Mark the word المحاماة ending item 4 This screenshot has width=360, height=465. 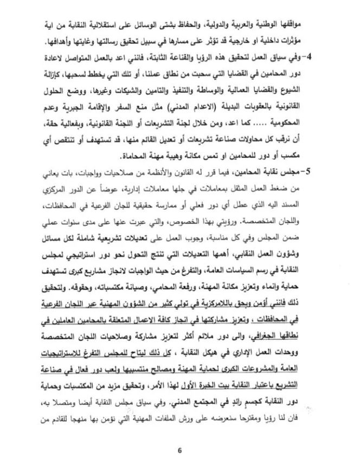point(126,157)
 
